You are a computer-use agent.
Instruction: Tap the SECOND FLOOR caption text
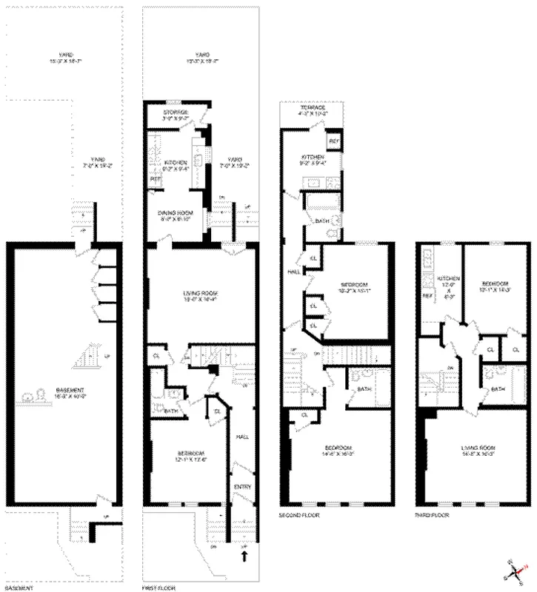point(299,514)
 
